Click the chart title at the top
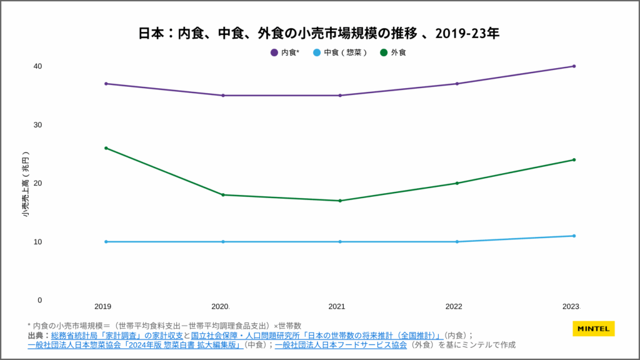click(319, 33)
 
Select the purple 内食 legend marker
click(274, 52)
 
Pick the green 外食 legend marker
click(384, 52)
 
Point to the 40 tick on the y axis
click(37, 66)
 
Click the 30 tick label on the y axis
click(37, 125)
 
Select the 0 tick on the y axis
click(39, 300)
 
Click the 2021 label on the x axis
click(337, 307)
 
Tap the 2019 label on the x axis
click(103, 307)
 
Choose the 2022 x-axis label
click(454, 307)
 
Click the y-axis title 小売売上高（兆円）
click(25, 184)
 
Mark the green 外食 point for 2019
click(106, 148)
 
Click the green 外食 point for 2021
click(340, 201)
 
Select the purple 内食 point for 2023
click(574, 66)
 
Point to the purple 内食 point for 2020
click(223, 96)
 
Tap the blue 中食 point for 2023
click(574, 236)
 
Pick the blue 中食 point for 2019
click(106, 242)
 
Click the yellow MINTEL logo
click(593, 329)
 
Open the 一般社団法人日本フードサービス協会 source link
click(341, 344)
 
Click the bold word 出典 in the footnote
click(36, 335)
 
